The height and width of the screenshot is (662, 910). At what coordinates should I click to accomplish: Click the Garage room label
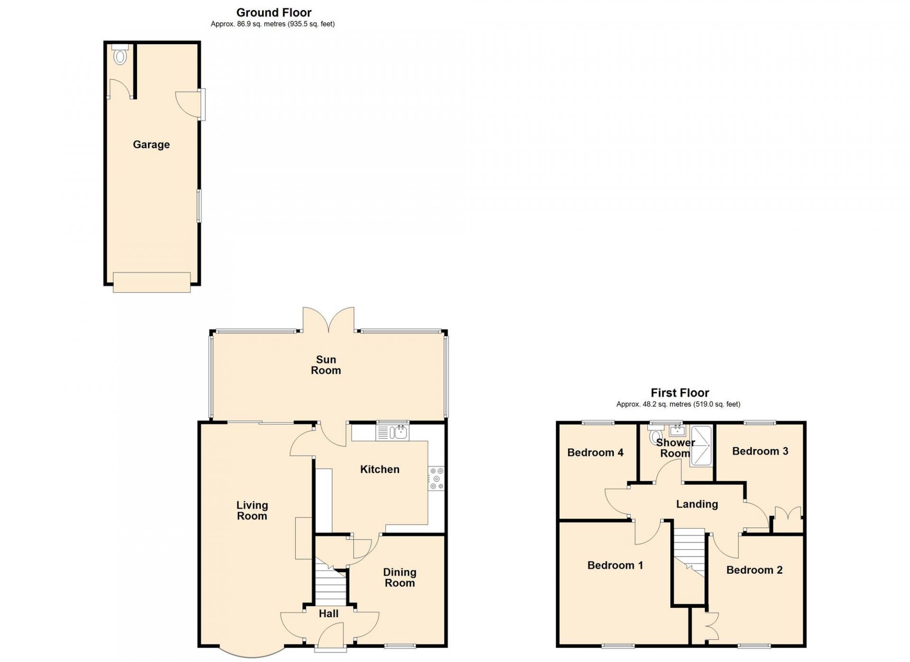click(x=151, y=145)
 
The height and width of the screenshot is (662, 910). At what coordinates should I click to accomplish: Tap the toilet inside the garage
click(x=120, y=55)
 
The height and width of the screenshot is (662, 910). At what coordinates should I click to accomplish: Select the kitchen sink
click(x=392, y=432)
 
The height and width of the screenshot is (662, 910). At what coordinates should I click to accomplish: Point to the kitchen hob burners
click(x=437, y=478)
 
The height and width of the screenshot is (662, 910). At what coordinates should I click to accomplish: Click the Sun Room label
click(x=326, y=365)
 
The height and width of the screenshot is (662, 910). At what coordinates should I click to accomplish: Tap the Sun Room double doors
click(x=328, y=320)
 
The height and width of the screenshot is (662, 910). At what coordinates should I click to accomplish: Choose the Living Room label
click(x=252, y=511)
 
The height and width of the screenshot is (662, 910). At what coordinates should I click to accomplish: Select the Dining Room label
click(x=400, y=578)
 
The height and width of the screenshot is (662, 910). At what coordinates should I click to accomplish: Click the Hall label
click(x=328, y=614)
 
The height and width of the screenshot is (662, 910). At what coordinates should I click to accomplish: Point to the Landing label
click(x=697, y=504)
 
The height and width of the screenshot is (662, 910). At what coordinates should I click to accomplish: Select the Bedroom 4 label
click(x=595, y=452)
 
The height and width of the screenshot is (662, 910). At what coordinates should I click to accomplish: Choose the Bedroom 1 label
click(x=615, y=565)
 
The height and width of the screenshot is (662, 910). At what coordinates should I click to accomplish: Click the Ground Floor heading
click(x=274, y=13)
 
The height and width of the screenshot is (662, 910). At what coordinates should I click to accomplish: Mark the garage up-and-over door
click(x=152, y=282)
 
